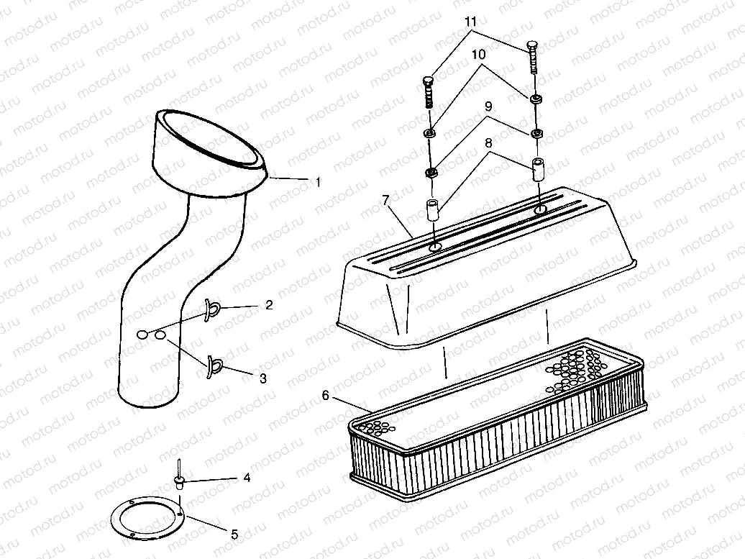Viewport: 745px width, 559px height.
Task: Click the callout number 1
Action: click(x=318, y=183)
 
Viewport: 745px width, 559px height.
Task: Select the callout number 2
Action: click(x=268, y=306)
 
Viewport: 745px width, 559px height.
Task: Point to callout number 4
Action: click(x=247, y=477)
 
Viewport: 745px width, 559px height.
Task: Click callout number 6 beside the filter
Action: click(x=325, y=395)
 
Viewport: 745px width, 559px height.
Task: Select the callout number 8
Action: click(x=490, y=144)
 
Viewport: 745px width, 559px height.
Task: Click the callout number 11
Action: click(x=471, y=22)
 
